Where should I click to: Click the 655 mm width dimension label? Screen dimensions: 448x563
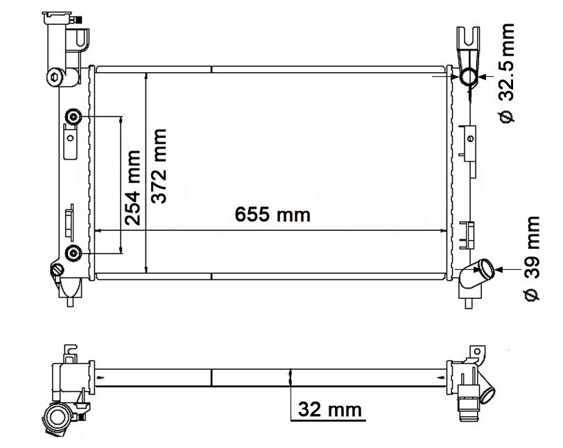pos(272,214)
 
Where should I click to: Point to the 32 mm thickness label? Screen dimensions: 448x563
pos(330,409)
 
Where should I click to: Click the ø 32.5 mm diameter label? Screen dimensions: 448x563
pos(508,73)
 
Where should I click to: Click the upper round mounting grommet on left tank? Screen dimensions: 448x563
pos(73,116)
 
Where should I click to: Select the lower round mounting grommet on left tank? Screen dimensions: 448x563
pos(73,251)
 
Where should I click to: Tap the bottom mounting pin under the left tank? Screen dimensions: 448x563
pos(71,300)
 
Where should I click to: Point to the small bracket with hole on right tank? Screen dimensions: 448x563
pos(471,139)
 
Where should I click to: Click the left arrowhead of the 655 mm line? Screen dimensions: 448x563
pos(98,230)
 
